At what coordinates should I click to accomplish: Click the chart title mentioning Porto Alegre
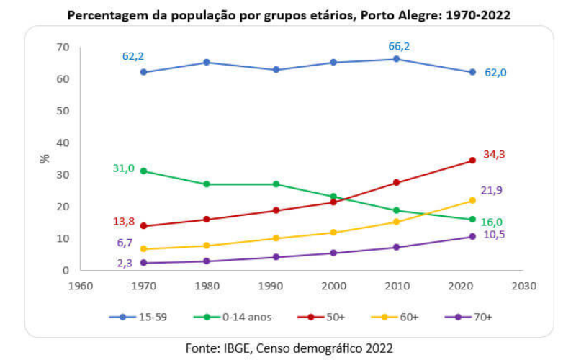click(288, 14)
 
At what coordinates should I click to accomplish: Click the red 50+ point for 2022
click(472, 161)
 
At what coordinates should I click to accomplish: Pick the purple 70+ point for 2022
click(472, 236)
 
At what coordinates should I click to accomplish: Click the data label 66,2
click(398, 46)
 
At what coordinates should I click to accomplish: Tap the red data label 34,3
click(494, 154)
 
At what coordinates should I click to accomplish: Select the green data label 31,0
click(123, 168)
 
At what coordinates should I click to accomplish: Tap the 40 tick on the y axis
click(63, 143)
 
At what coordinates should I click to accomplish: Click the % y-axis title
click(45, 158)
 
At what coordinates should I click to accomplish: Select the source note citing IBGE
click(289, 348)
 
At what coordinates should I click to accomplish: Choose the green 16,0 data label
click(492, 222)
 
